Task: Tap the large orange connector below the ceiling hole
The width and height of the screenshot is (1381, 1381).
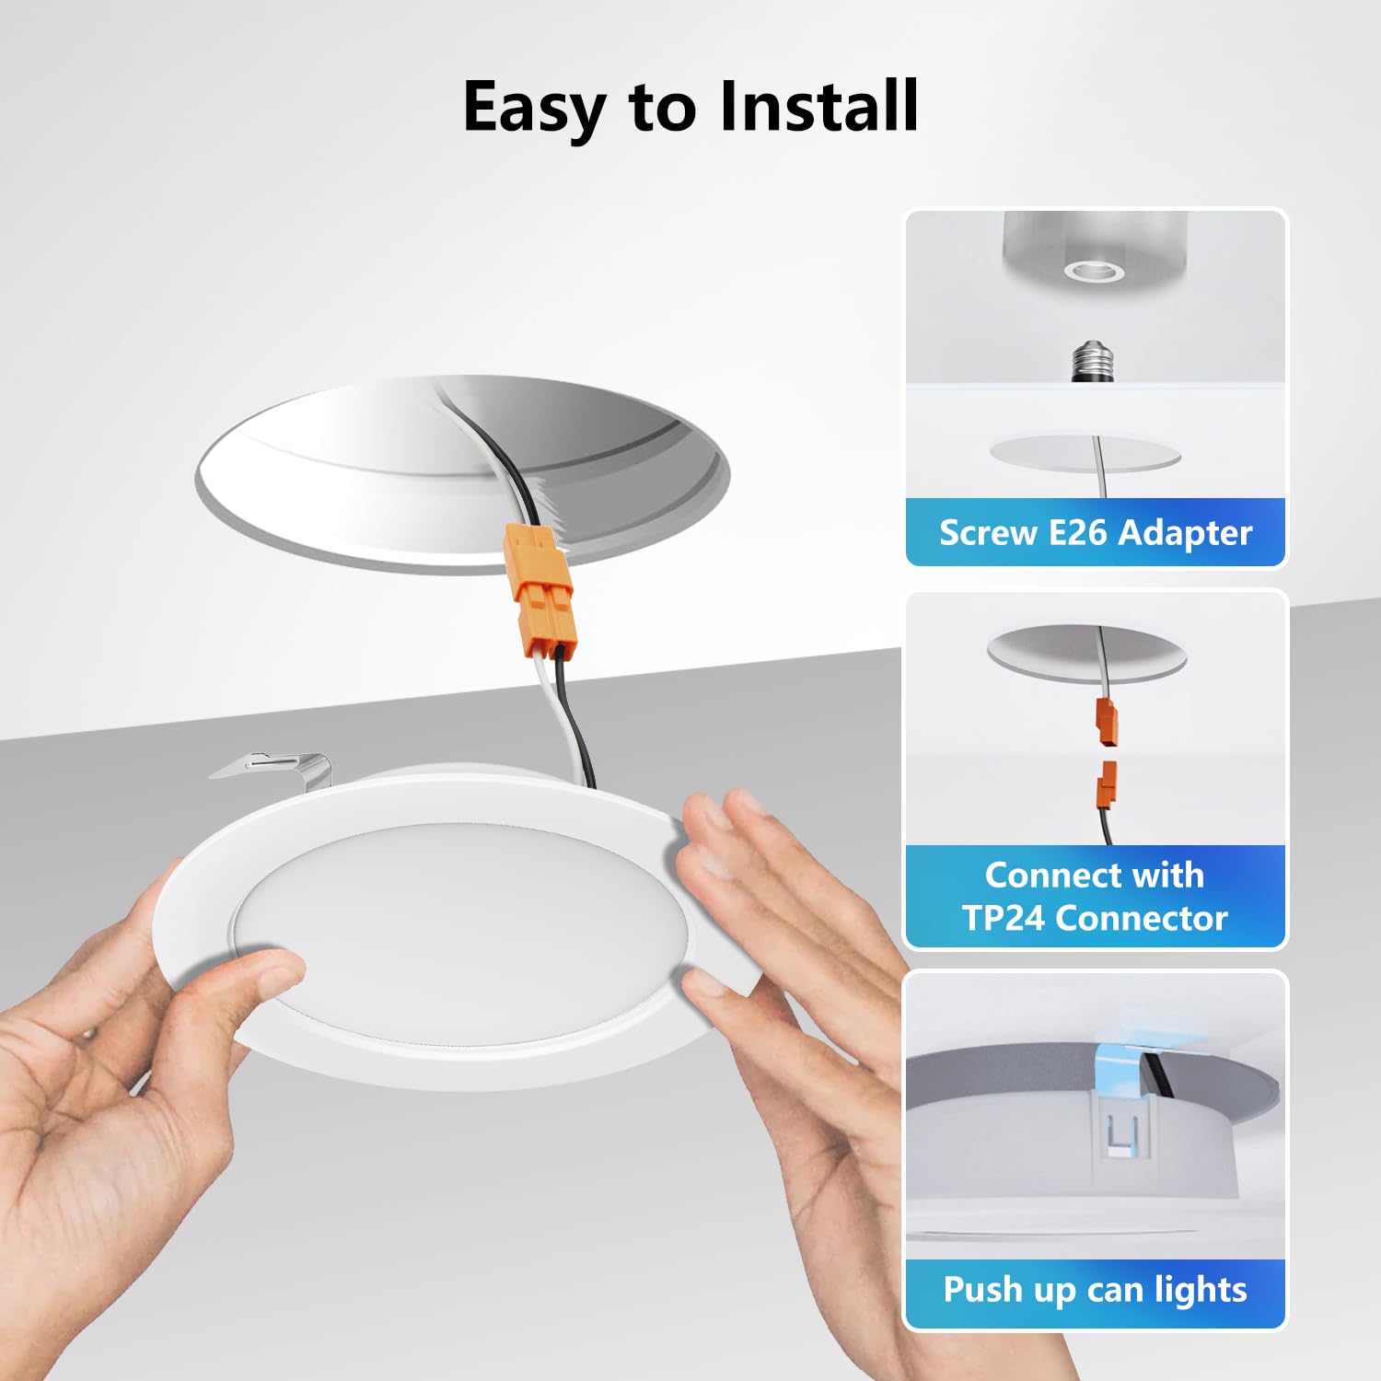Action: click(x=539, y=590)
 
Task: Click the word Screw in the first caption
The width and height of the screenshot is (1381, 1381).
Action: click(x=988, y=533)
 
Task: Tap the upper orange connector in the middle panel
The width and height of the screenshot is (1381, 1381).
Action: click(x=1107, y=722)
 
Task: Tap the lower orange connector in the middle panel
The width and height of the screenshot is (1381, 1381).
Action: click(x=1107, y=785)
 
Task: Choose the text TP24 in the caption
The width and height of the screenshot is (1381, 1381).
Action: click(x=1004, y=918)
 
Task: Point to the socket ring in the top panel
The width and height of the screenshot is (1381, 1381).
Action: click(x=1094, y=271)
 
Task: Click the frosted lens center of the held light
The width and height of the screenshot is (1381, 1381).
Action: click(x=460, y=934)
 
